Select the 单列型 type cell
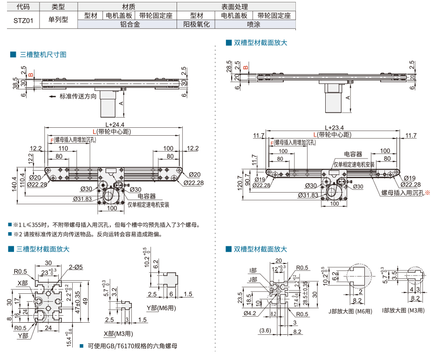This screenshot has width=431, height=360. point(58,20)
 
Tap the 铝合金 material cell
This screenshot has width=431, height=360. point(130,24)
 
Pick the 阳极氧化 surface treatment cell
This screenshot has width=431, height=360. point(197,24)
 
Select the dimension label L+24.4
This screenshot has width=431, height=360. point(114,125)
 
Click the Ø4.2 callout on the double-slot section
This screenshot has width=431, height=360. point(250,313)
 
